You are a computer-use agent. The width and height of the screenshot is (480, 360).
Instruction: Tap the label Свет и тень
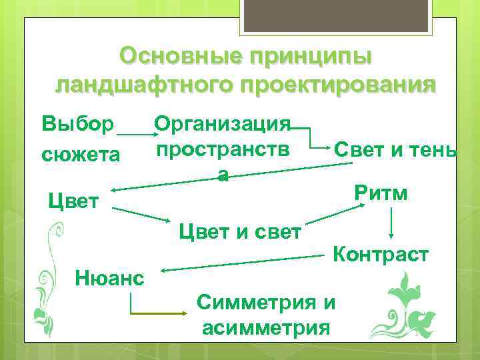pyautogui.click(x=395, y=149)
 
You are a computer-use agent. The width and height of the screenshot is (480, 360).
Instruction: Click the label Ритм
pyautogui.click(x=381, y=193)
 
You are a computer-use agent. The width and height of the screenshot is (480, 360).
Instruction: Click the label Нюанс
pyautogui.click(x=110, y=275)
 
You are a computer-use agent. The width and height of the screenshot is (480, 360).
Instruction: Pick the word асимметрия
pyautogui.click(x=265, y=327)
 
